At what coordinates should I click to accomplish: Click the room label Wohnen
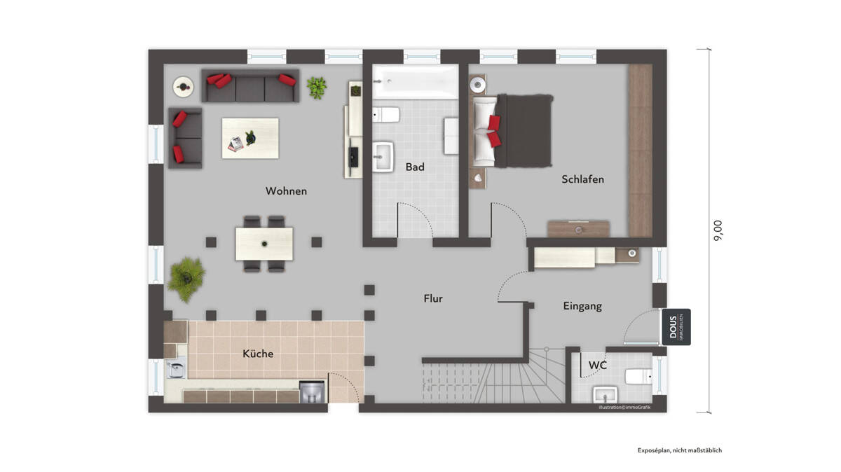(286, 191)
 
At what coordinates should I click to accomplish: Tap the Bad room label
(415, 167)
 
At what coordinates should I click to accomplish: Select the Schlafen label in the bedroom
(582, 179)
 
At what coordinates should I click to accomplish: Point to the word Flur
(433, 298)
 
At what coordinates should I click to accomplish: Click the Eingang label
(582, 306)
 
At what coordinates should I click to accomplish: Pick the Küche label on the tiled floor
(258, 354)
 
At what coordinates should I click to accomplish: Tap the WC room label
(597, 365)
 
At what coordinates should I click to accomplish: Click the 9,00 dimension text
(718, 230)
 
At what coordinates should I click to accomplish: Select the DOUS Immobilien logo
(676, 327)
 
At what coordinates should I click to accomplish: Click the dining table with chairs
(264, 244)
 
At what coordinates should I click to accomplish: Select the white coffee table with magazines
(250, 137)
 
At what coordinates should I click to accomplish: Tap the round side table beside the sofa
(184, 87)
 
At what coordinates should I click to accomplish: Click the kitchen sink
(175, 367)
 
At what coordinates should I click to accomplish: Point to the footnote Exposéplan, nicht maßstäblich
(679, 450)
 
